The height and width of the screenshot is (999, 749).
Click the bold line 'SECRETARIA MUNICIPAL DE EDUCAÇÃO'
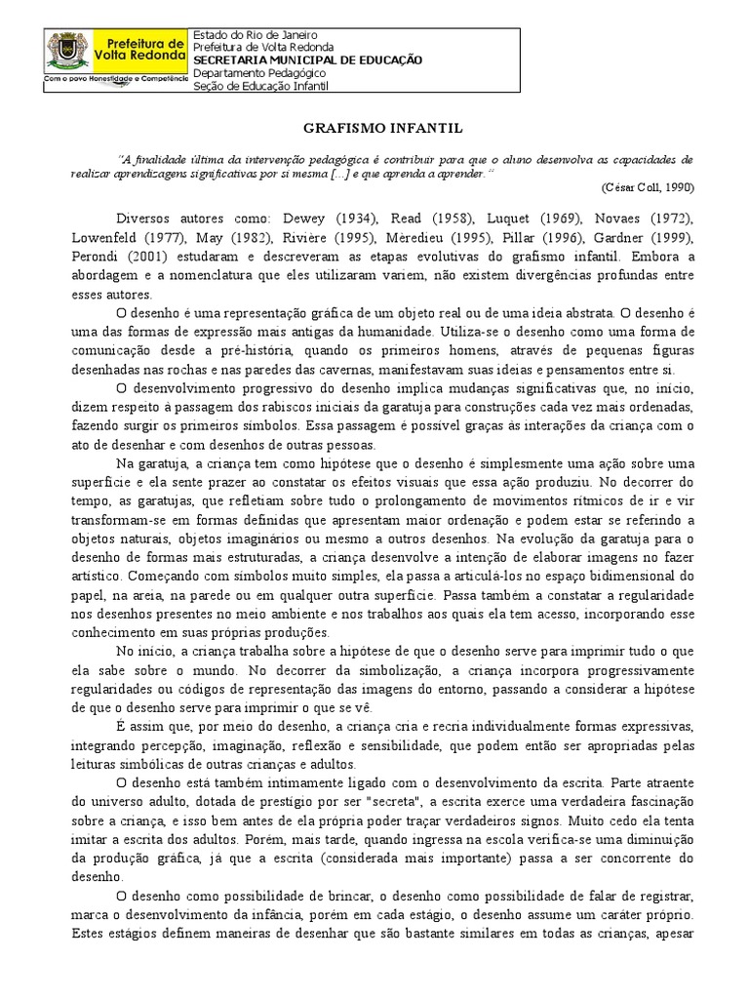[x=308, y=60]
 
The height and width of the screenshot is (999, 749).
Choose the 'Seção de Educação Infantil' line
[x=261, y=86]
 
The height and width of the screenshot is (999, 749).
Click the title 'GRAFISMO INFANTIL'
[x=374, y=128]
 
